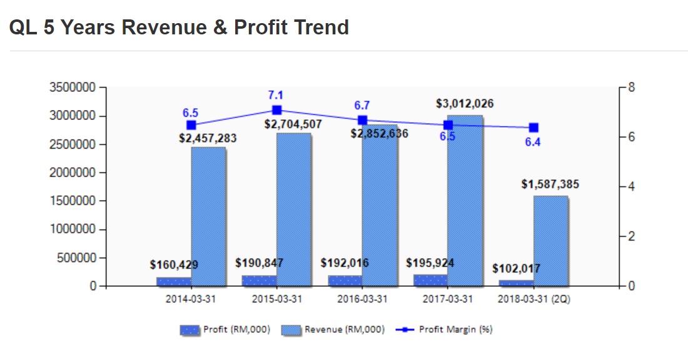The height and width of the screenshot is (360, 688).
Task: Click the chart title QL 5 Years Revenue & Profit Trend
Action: coord(179,27)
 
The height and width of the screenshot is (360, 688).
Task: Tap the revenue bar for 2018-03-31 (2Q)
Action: coord(551,241)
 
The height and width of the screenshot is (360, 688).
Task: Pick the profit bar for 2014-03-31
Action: coord(174,282)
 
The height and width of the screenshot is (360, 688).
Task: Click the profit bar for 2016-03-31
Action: coord(345,281)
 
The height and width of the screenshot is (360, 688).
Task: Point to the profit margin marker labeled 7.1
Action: coord(277,110)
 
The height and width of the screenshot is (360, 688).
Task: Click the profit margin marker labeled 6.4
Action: coord(534,127)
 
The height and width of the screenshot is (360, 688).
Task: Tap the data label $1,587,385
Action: coord(550,184)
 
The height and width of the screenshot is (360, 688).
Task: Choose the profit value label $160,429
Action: coord(174,265)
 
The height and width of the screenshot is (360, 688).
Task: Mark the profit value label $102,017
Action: coord(516,269)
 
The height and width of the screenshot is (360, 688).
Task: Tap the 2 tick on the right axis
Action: coord(631,237)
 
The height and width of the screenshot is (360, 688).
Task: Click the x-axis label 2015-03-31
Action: coord(276,299)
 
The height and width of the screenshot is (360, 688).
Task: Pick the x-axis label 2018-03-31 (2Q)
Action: coord(534,299)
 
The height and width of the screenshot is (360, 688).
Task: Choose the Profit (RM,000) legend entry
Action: coord(225,329)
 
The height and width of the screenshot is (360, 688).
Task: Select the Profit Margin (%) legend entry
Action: coord(445,329)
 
